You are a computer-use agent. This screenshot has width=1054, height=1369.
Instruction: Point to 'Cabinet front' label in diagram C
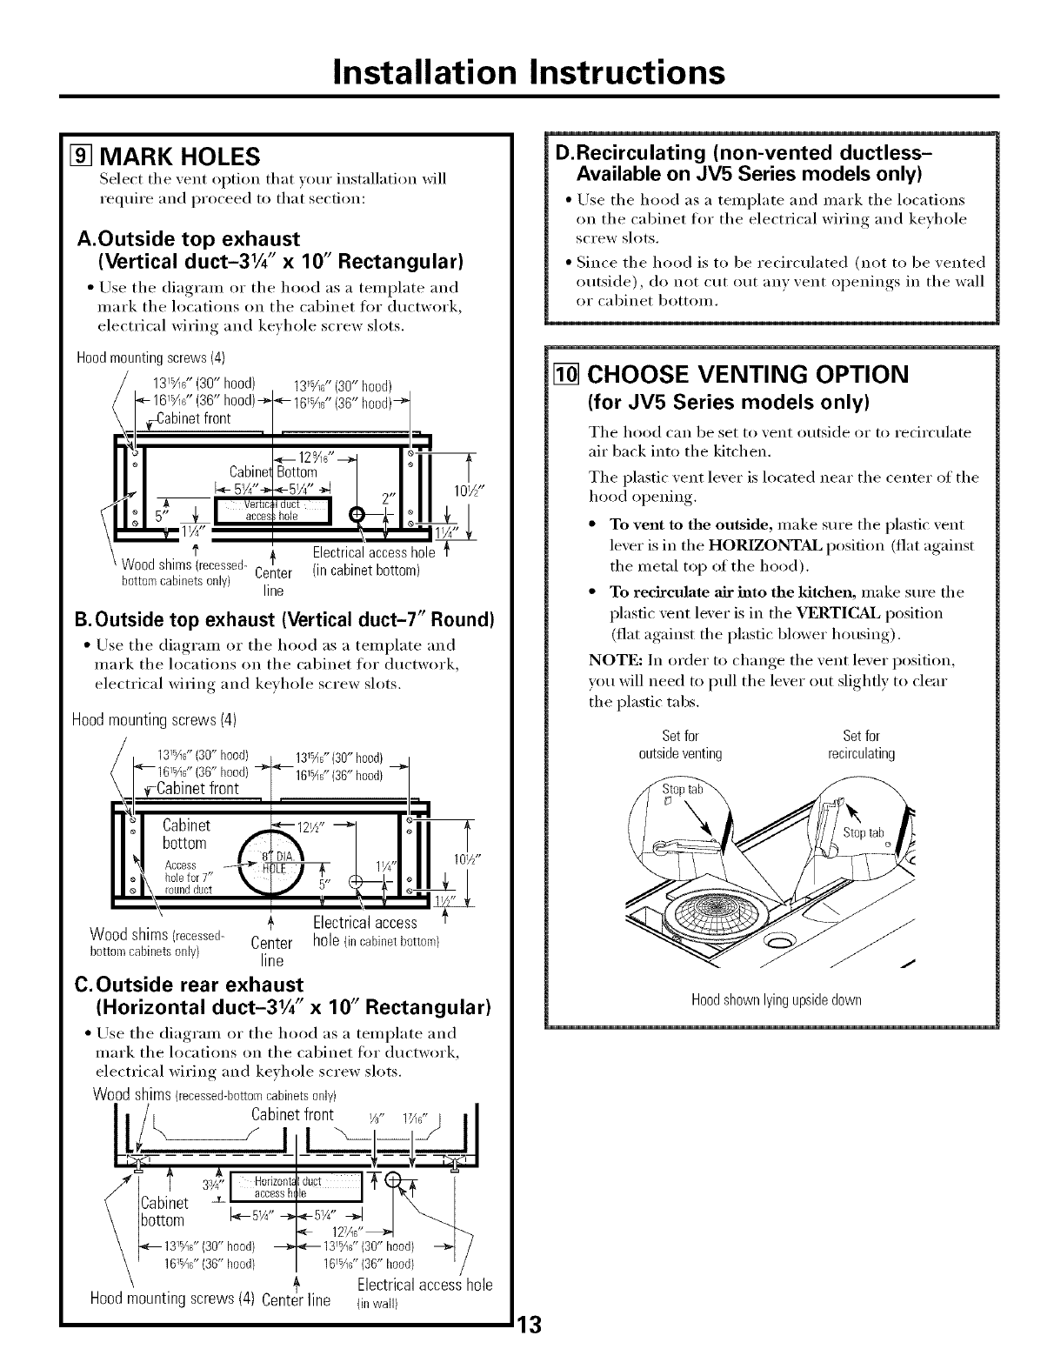pyautogui.click(x=292, y=1114)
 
